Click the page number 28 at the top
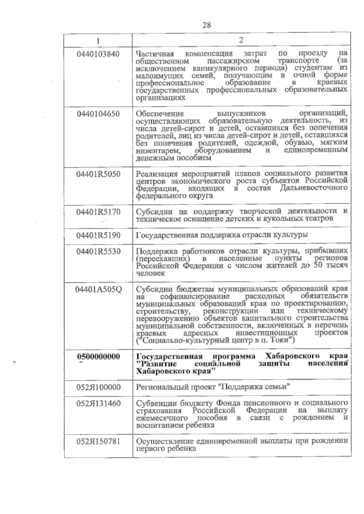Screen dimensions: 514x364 [207, 25]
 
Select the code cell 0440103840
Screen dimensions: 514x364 [98, 54]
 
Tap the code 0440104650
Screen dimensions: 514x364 [98, 114]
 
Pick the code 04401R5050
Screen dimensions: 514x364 [98, 174]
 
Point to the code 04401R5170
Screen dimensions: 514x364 [98, 212]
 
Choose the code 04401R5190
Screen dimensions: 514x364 [98, 235]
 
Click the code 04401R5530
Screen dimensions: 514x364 [98, 252]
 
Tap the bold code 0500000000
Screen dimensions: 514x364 [98, 356]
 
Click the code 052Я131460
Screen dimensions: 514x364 [98, 404]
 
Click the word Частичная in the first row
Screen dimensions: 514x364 [155, 55]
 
